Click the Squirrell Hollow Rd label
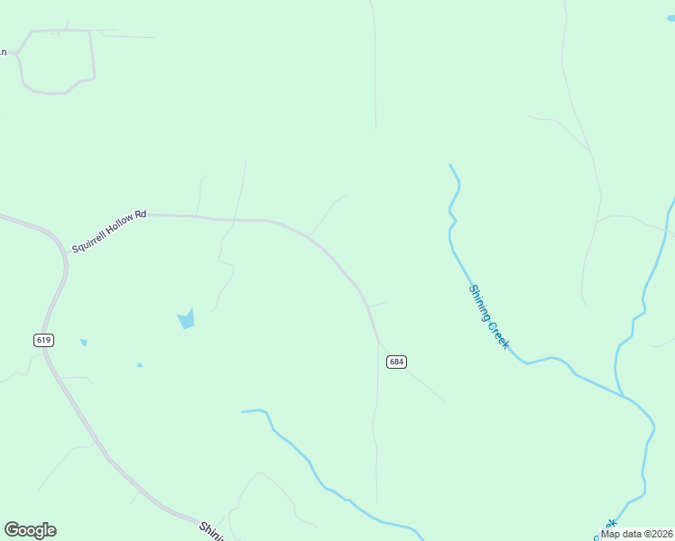pyautogui.click(x=108, y=231)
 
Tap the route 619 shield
pyautogui.click(x=44, y=340)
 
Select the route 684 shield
pyautogui.click(x=396, y=362)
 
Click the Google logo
pyautogui.click(x=30, y=530)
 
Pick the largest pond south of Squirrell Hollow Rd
pyautogui.click(x=186, y=319)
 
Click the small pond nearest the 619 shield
pyautogui.click(x=83, y=342)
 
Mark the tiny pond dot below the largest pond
pyautogui.click(x=139, y=365)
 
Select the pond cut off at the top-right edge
pyautogui.click(x=670, y=18)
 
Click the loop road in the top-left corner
pyautogui.click(x=59, y=60)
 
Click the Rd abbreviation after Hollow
pyautogui.click(x=140, y=216)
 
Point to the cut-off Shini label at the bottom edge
pyautogui.click(x=211, y=530)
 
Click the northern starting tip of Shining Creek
pyautogui.click(x=450, y=165)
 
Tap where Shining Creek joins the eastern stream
pyautogui.click(x=624, y=395)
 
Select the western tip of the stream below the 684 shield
pyautogui.click(x=242, y=412)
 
